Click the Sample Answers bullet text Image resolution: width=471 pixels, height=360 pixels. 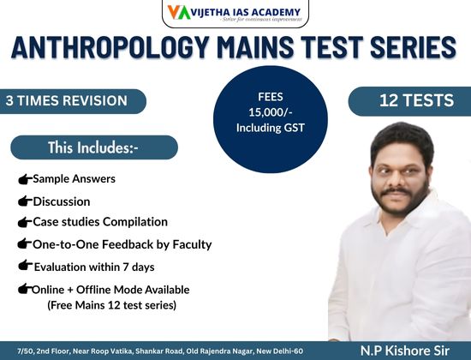[x=74, y=179]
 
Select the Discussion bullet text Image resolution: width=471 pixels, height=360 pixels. [x=61, y=201]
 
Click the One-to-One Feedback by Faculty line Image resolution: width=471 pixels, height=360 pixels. [x=122, y=244]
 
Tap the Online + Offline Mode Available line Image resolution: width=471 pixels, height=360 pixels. [x=110, y=290]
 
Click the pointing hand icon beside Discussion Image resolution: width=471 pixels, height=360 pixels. [x=23, y=201]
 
